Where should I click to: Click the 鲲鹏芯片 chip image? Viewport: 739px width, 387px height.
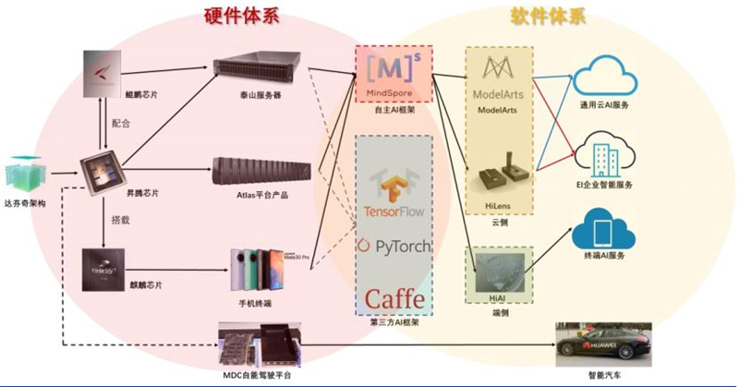pos(102,73)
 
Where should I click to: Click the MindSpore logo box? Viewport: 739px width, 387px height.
pos(394,73)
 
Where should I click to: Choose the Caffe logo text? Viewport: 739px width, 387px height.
pos(394,298)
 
